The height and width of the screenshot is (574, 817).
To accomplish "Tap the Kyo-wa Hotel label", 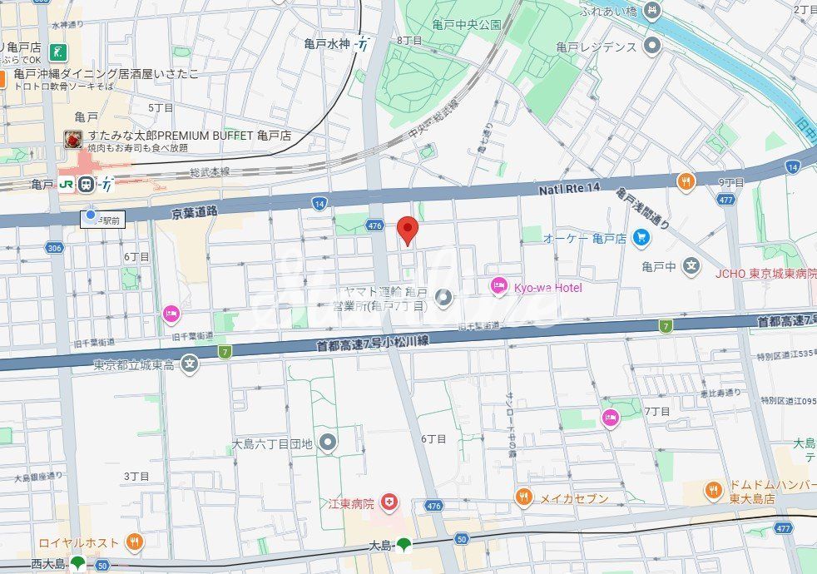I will pos(547,287).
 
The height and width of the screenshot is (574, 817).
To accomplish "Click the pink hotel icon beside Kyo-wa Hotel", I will pos(499,286).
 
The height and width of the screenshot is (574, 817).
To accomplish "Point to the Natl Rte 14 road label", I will pos(570,191).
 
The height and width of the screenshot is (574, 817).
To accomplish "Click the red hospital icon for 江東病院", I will pos(388,502).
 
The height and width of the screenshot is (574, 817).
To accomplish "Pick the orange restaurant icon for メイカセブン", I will pos(523,498).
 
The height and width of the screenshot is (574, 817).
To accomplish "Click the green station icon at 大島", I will pos(404,546).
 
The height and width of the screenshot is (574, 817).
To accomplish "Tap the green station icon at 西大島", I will pos(77,563).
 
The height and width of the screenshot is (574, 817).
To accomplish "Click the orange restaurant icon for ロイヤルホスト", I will pos(135,542).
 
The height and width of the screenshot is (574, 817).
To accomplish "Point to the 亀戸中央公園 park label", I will pos(466,25).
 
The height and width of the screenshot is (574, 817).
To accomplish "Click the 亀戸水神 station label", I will pos(327,45).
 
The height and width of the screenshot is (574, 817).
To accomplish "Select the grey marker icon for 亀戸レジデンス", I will pos(653,46).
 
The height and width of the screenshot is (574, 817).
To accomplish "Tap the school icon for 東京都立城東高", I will pos(191,364).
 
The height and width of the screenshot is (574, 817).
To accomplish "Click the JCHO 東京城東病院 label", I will pos(765,273).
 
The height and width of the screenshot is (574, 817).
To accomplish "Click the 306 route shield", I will pos(55,248).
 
